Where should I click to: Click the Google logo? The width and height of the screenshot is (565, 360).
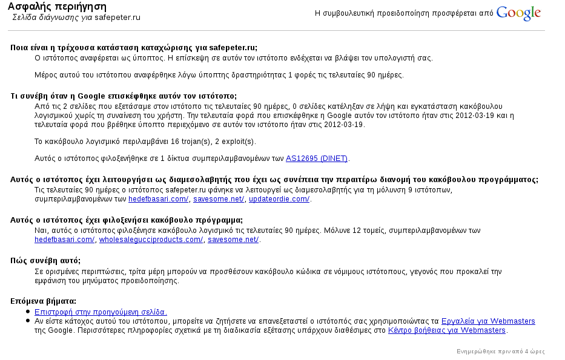(518, 13)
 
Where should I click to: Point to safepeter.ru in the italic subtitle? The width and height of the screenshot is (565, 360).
(117, 17)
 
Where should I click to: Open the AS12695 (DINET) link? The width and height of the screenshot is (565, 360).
(317, 159)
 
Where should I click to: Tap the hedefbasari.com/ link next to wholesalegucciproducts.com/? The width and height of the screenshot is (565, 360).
(64, 240)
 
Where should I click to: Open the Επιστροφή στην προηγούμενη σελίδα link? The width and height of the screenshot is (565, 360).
(100, 312)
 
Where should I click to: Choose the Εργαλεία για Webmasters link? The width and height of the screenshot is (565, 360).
(488, 321)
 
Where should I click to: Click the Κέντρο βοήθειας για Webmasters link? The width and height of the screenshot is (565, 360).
(447, 330)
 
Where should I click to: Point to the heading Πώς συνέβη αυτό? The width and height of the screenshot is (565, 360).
(45, 260)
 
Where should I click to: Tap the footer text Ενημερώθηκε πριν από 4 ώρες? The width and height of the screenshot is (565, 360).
(500, 352)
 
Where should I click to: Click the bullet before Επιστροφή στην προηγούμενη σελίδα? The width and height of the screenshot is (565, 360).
(28, 312)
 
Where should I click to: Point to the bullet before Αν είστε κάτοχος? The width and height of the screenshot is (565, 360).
(28, 321)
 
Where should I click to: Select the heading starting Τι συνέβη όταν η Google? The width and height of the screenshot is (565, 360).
(124, 96)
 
